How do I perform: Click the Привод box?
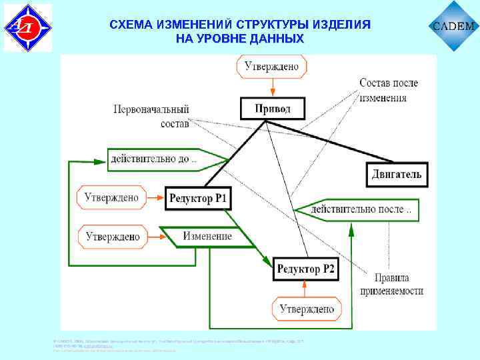[x=273, y=109]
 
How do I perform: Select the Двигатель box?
[x=396, y=175]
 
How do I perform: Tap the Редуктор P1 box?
[x=198, y=198]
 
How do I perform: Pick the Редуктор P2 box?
[x=306, y=269]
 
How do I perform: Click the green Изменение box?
[x=207, y=237]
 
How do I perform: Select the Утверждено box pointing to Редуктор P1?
[x=111, y=197]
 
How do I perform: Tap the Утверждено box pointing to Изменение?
[x=112, y=236]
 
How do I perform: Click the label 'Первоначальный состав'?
[x=151, y=116]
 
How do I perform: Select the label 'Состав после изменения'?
[x=388, y=90]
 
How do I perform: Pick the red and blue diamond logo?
[x=27, y=27]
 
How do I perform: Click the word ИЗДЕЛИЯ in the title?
[x=337, y=25]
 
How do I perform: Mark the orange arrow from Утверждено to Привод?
[x=272, y=88]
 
